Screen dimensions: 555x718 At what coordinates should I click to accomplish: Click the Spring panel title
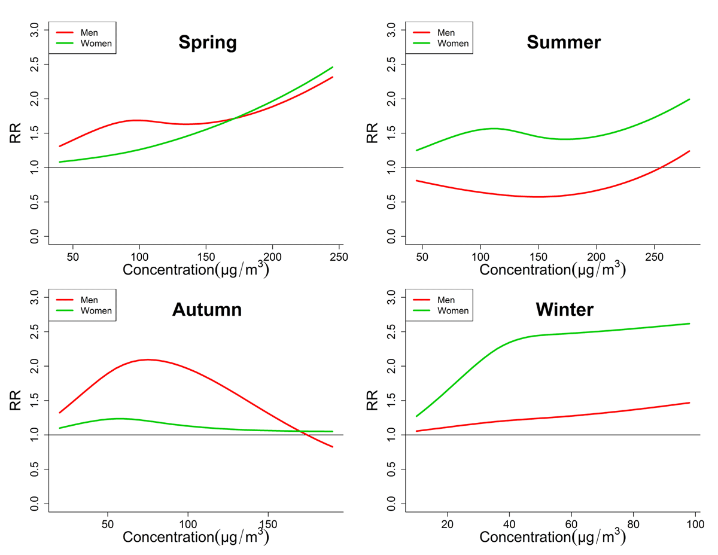click(x=208, y=42)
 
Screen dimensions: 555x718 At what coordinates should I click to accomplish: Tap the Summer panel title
click(x=564, y=42)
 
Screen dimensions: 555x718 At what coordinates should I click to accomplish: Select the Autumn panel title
click(x=207, y=309)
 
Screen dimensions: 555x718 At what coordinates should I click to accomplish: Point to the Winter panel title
click(x=564, y=309)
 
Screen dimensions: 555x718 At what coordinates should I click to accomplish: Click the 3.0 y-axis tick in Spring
click(x=35, y=29)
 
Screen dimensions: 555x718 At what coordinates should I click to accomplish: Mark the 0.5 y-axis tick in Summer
click(x=392, y=202)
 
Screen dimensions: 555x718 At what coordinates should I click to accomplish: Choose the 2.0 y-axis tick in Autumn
click(x=35, y=365)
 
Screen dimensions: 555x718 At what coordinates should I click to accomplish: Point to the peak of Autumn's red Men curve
click(x=147, y=359)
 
